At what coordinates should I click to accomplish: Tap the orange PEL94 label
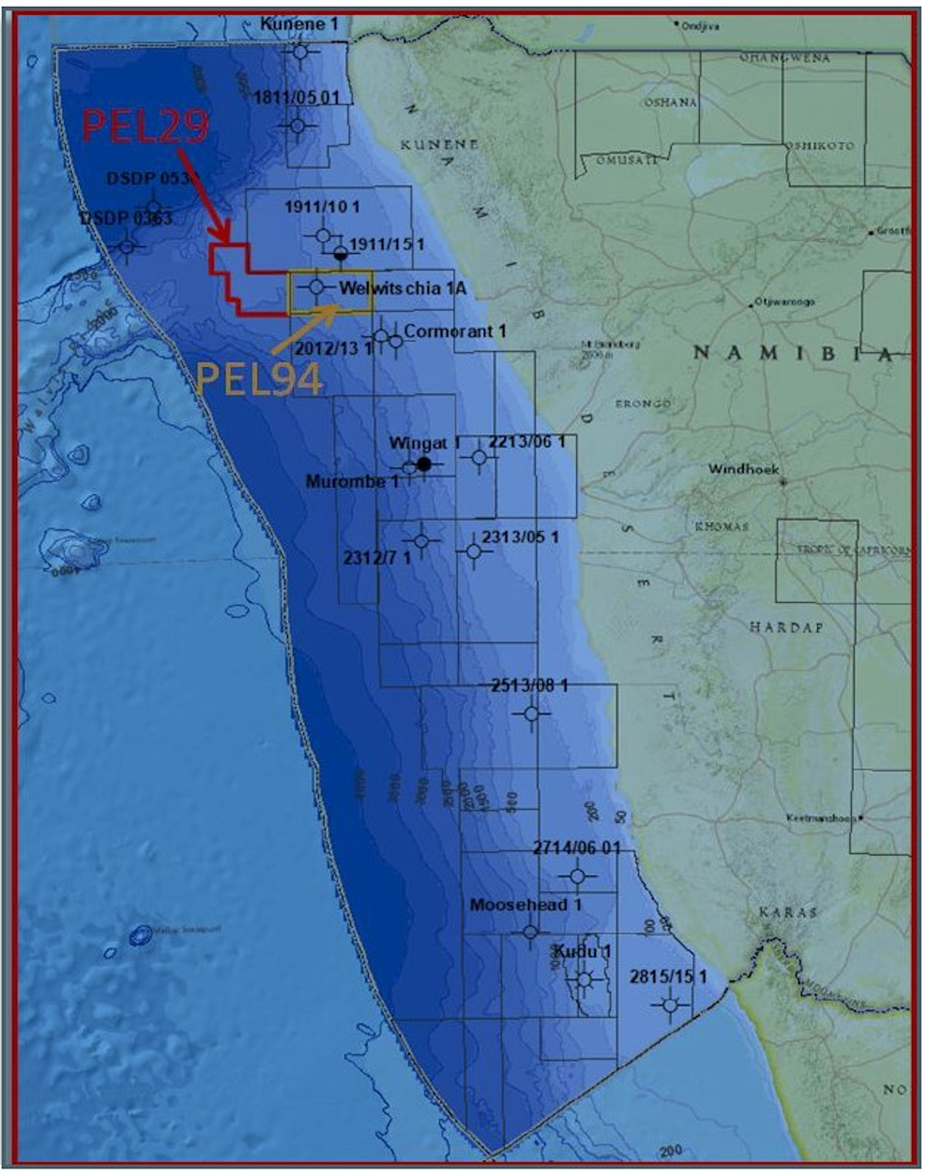(259, 379)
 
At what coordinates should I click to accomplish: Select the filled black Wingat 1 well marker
(424, 464)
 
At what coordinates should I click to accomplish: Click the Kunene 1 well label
(299, 25)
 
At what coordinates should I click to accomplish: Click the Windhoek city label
(744, 469)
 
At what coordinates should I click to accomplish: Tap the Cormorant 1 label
(455, 331)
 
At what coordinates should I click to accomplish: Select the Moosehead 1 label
(525, 905)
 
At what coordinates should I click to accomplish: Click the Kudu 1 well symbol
(584, 980)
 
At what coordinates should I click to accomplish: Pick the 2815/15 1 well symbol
(670, 1005)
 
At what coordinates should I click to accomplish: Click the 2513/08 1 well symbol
(531, 714)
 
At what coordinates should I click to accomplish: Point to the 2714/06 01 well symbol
(578, 875)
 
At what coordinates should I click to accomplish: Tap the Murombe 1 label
(352, 482)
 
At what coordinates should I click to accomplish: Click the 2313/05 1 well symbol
(474, 551)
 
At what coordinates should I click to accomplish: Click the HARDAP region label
(786, 627)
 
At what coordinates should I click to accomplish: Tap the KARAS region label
(787, 913)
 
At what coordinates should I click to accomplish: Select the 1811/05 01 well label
(296, 98)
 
